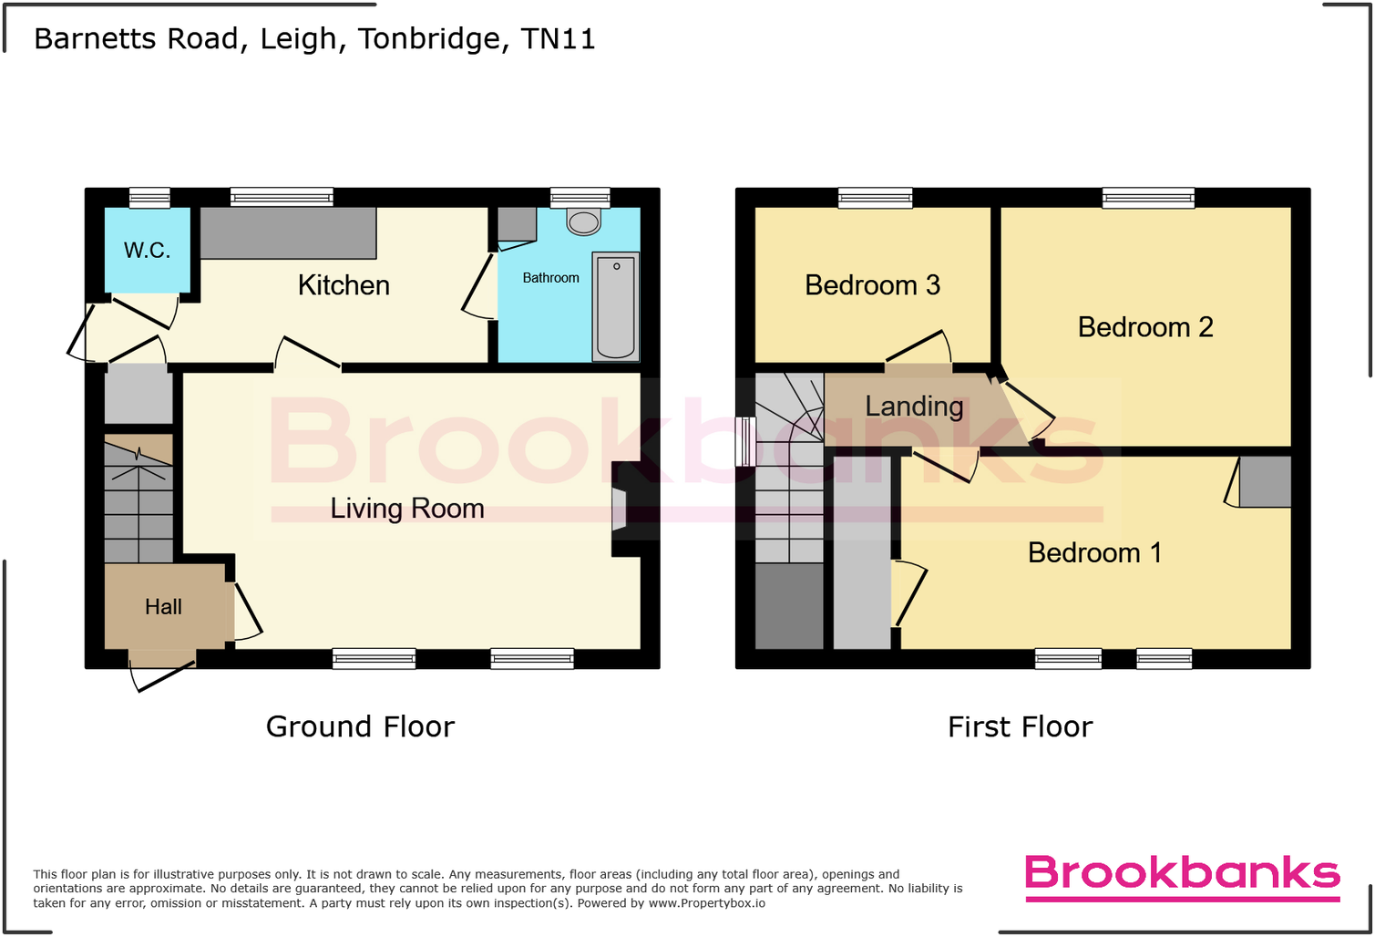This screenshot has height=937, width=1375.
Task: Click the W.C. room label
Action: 148,251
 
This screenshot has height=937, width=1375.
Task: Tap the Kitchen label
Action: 344,285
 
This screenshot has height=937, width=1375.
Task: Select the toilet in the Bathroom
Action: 583,221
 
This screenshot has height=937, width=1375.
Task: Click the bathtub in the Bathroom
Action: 616,306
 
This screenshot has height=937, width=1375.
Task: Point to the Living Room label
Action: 407,509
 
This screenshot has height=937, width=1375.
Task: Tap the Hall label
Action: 163,607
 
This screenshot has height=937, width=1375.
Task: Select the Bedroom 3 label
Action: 872,285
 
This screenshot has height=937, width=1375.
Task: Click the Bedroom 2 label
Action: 1145,327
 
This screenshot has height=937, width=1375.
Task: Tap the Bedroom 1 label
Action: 1094,553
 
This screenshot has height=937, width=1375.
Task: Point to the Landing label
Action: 914,407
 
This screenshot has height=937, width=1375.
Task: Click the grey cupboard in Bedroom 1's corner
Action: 1265,481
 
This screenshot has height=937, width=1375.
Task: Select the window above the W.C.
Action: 149,198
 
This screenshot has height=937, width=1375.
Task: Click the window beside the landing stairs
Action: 745,441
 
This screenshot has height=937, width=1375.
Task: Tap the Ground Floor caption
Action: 360,726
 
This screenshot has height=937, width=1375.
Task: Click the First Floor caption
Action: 1020,726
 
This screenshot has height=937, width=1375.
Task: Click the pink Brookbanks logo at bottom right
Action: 1182,875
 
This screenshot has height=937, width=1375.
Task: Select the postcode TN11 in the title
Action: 558,39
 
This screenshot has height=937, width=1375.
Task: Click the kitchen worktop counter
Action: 288,233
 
